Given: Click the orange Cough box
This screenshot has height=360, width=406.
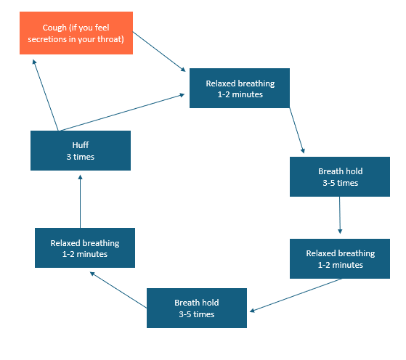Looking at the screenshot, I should click(x=77, y=33).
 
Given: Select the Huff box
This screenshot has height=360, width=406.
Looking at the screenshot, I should click(x=80, y=150).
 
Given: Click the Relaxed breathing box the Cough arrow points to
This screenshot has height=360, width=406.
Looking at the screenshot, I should click(x=240, y=89).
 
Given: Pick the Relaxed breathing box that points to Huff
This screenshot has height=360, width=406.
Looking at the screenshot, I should click(x=84, y=248).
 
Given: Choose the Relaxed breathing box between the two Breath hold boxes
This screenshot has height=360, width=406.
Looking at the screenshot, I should click(x=340, y=258).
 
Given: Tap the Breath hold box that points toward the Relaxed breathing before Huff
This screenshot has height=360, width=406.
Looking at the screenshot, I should click(x=196, y=308).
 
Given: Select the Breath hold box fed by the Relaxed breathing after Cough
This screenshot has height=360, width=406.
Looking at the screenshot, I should click(x=340, y=177).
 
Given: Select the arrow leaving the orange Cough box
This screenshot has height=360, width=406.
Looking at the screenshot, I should click(x=160, y=52).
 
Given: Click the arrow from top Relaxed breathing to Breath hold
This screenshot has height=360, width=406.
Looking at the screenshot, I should click(x=297, y=131).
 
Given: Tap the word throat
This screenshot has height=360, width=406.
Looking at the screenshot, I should click(x=120, y=39).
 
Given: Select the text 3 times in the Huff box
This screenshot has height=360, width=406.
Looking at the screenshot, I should click(x=80, y=157).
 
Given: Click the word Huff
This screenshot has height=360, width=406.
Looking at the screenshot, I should click(x=80, y=144).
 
